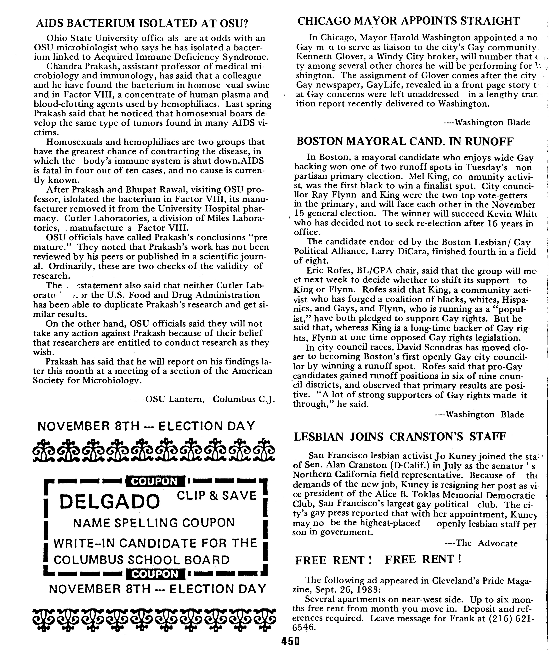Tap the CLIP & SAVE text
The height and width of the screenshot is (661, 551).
[217, 496]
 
